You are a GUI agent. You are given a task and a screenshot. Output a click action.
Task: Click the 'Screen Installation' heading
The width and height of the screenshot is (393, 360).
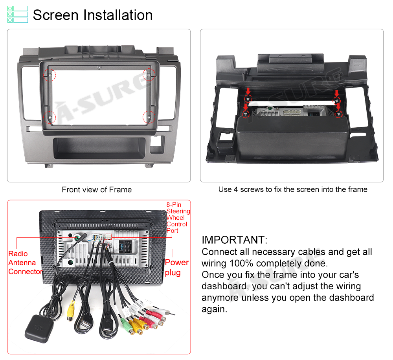(93, 15)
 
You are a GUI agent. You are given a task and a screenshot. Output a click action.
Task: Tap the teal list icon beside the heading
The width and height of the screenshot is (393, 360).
(18, 15)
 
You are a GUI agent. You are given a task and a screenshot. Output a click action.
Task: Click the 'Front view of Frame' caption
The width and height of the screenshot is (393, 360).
(97, 189)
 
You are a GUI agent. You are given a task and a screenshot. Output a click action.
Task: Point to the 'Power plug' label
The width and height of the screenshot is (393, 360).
(177, 267)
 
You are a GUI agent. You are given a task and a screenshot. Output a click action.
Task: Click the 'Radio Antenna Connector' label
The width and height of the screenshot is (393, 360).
(26, 263)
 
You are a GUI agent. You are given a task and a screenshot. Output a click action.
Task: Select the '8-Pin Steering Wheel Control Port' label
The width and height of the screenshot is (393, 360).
(178, 218)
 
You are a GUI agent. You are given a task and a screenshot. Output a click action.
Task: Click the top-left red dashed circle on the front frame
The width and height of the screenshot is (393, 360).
(50, 75)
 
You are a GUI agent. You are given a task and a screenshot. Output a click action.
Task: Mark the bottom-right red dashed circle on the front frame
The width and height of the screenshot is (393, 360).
(149, 117)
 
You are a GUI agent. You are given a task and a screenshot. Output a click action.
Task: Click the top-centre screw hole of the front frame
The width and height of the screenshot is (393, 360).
(99, 68)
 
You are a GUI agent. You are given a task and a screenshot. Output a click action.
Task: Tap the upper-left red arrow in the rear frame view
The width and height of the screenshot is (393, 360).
(248, 91)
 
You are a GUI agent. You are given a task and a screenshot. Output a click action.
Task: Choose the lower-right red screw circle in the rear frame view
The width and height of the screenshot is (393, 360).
(338, 114)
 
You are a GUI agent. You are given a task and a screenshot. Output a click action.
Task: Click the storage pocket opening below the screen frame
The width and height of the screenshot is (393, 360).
(99, 148)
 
